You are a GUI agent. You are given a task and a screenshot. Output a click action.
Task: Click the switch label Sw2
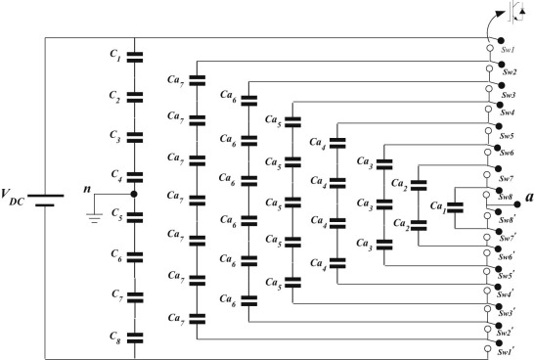pos(510,73)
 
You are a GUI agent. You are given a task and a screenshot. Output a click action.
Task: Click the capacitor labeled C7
pos(135,297)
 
